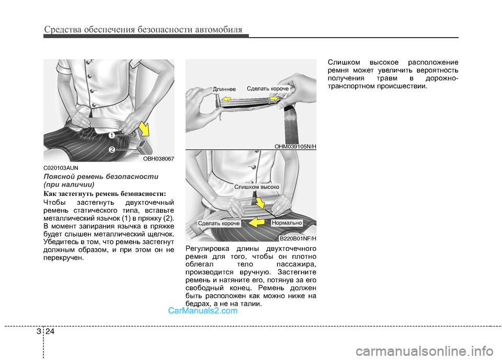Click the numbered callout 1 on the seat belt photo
tap(112, 135)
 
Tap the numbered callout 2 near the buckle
tap(112, 150)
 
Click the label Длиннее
tap(225, 89)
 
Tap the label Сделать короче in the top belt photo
tap(267, 89)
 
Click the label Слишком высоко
tap(257, 187)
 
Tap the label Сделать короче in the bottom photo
tap(219, 224)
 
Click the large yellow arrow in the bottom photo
tap(258, 223)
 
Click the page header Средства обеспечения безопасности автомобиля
tap(143, 29)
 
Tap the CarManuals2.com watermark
tap(203, 310)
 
